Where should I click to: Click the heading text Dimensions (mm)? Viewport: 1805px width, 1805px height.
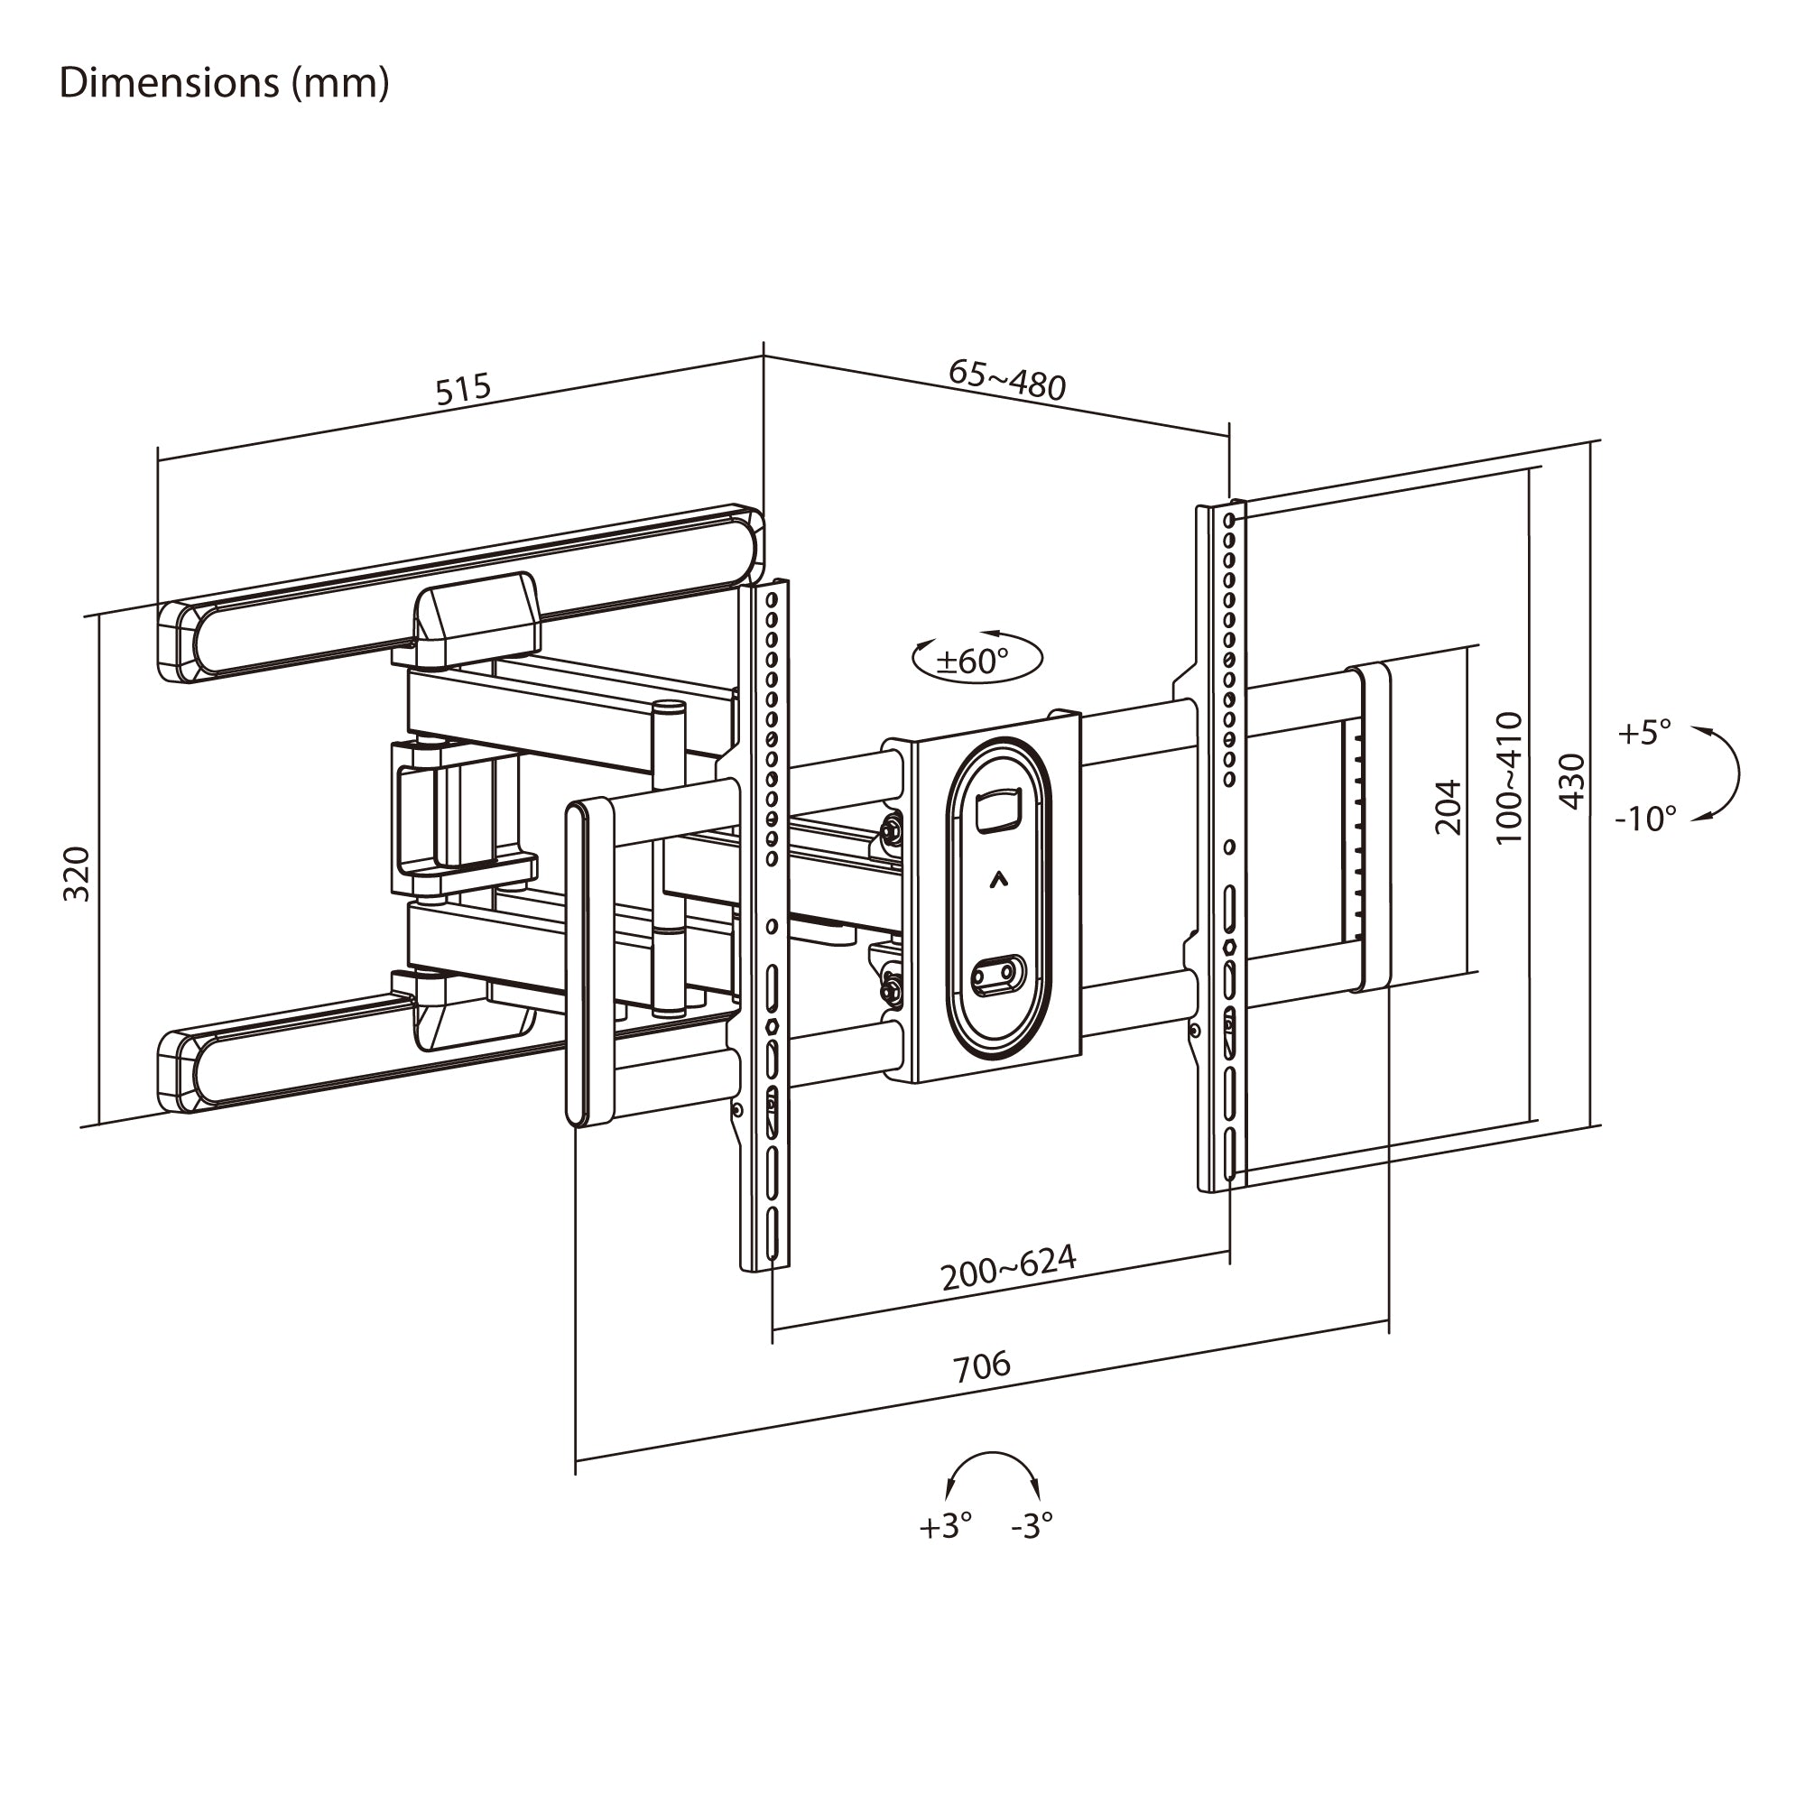pyautogui.click(x=224, y=83)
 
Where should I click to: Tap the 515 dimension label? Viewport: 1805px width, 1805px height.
pyautogui.click(x=463, y=388)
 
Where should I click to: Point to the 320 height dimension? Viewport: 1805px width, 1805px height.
pyautogui.click(x=77, y=874)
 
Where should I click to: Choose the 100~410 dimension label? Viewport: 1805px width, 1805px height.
pyautogui.click(x=1509, y=778)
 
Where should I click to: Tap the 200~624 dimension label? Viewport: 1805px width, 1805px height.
pyautogui.click(x=1009, y=1268)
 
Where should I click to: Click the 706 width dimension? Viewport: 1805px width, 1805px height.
pyautogui.click(x=982, y=1365)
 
